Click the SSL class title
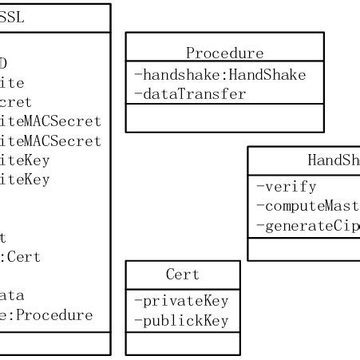click(x=12, y=18)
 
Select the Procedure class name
click(x=224, y=53)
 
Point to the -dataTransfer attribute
click(x=190, y=93)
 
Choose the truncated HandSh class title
click(x=333, y=160)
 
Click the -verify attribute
click(x=286, y=187)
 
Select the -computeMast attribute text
click(x=307, y=206)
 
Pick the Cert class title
click(x=182, y=274)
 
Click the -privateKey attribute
click(x=181, y=301)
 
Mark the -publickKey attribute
click(x=181, y=321)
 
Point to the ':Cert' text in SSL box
click(x=20, y=257)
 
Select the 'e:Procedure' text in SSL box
click(x=46, y=315)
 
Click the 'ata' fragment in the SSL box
click(x=12, y=295)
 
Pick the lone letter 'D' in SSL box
click(x=4, y=63)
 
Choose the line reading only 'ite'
click(x=12, y=82)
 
